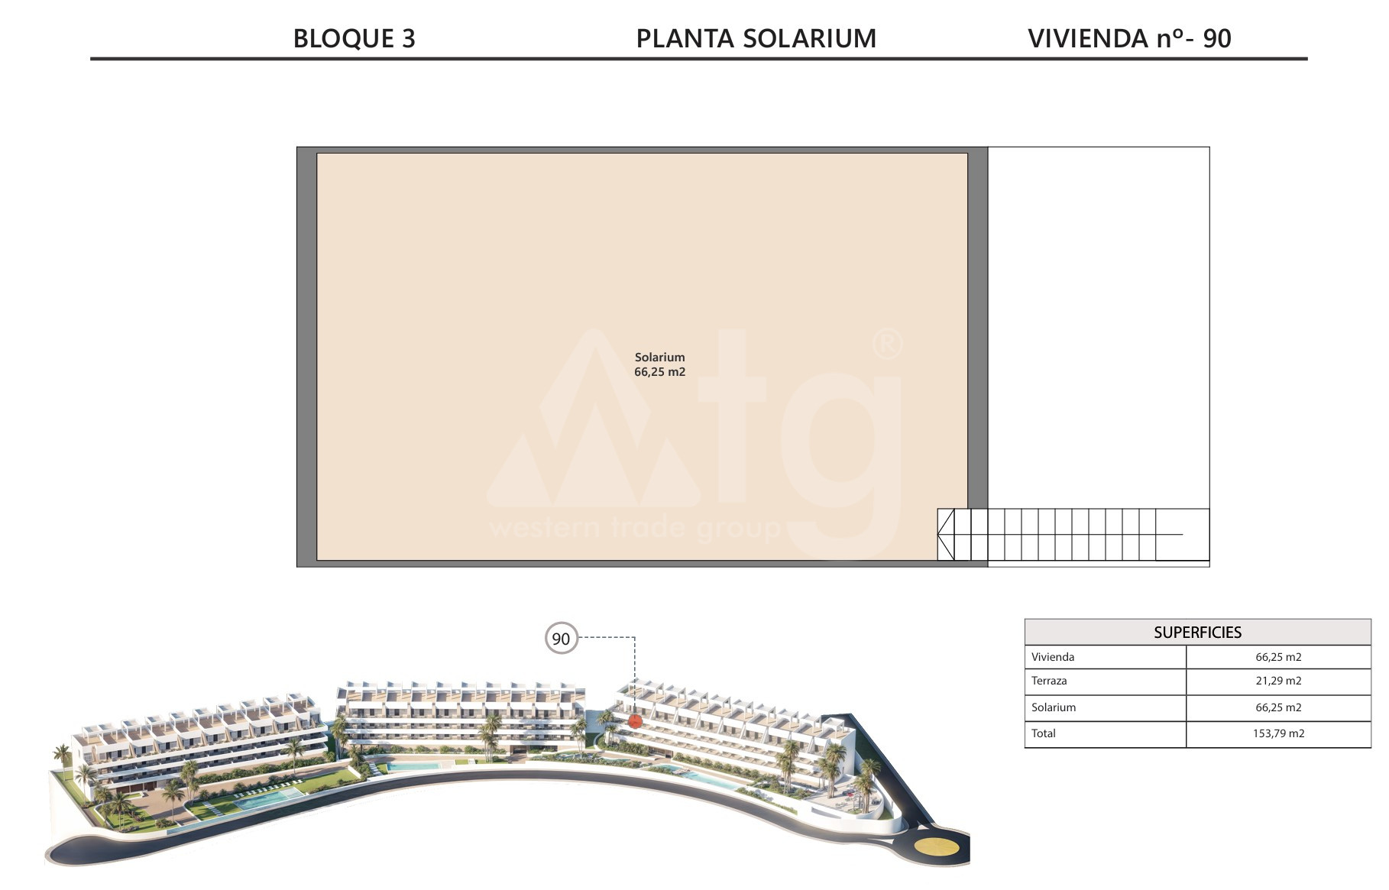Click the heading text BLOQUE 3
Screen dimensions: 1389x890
355,38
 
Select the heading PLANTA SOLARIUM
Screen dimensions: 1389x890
756,38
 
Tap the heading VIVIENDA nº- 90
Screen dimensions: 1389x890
1129,38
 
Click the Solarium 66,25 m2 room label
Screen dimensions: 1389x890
660,364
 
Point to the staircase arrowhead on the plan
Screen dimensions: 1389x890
946,535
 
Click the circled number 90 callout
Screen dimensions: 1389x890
561,639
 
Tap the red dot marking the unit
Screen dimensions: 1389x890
634,721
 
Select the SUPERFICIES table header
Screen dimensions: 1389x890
1197,633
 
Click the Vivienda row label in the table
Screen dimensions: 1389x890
1053,657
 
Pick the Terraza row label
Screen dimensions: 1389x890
1049,681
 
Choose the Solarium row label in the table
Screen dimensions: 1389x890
1054,707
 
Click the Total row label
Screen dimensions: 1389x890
1044,733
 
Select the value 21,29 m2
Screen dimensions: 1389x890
1278,681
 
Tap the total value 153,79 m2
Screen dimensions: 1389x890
1278,733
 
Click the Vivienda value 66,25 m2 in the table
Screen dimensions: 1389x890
1278,657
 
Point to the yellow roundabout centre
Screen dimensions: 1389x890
938,848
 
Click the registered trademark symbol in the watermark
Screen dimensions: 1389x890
887,344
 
